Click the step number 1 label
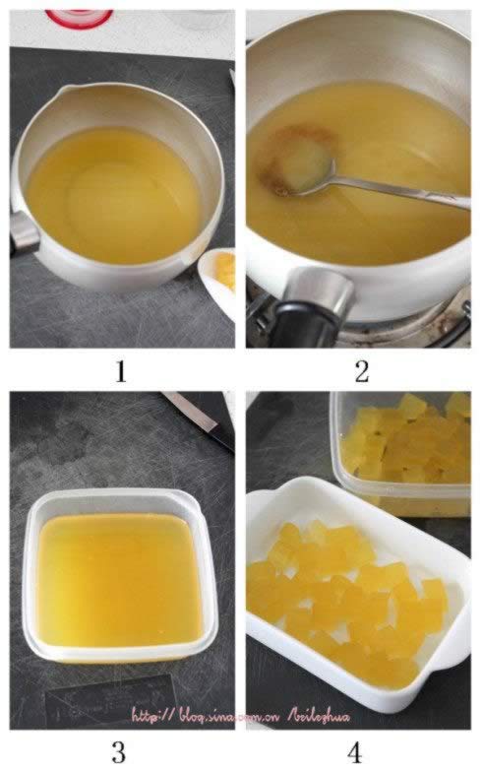tap(120, 370)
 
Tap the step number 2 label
tap(360, 370)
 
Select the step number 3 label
tap(118, 752)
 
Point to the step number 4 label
tap(354, 752)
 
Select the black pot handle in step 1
tap(22, 234)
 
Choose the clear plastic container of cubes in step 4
tap(403, 453)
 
